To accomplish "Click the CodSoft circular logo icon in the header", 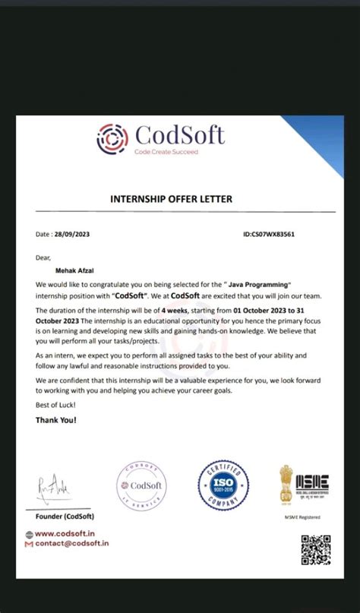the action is pyautogui.click(x=112, y=138).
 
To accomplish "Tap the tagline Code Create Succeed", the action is pyautogui.click(x=166, y=152).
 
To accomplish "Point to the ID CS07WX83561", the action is pyautogui.click(x=269, y=235).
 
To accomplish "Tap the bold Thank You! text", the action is pyautogui.click(x=56, y=419).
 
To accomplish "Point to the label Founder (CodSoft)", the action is pyautogui.click(x=65, y=517).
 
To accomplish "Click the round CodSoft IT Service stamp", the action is pyautogui.click(x=141, y=486).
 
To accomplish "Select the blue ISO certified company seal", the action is pyautogui.click(x=224, y=485).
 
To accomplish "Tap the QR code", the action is pyautogui.click(x=316, y=550).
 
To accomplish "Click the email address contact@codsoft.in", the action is pyautogui.click(x=72, y=543).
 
